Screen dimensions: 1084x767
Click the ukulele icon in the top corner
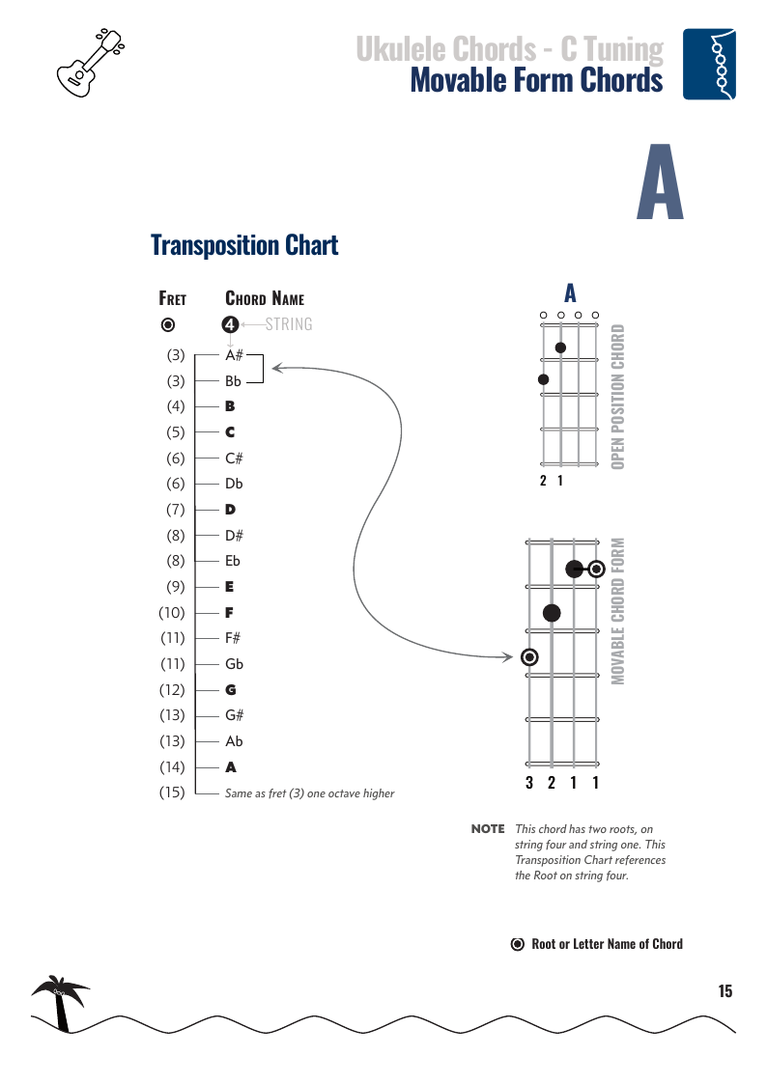tap(93, 63)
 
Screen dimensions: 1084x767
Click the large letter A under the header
tap(661, 182)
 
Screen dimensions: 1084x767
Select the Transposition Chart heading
tap(244, 245)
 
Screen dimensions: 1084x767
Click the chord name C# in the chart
tap(234, 458)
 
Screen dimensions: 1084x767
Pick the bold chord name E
tap(230, 587)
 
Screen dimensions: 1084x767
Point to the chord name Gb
tap(234, 664)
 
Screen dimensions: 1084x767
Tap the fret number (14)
tap(172, 767)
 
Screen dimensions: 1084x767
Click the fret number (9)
tap(175, 587)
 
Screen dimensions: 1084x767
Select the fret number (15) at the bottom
tap(172, 793)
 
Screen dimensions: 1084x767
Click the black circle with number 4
tap(230, 324)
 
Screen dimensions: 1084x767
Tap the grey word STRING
tap(289, 324)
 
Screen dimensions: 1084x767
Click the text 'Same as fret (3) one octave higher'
tap(309, 793)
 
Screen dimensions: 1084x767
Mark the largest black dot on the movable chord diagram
tap(552, 612)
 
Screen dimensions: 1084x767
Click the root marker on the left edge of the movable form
tap(529, 657)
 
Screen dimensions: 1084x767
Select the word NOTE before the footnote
tap(488, 829)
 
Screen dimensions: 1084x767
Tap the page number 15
tap(724, 991)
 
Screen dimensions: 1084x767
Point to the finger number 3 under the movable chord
tap(529, 783)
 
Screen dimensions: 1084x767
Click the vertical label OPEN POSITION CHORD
tap(618, 397)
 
